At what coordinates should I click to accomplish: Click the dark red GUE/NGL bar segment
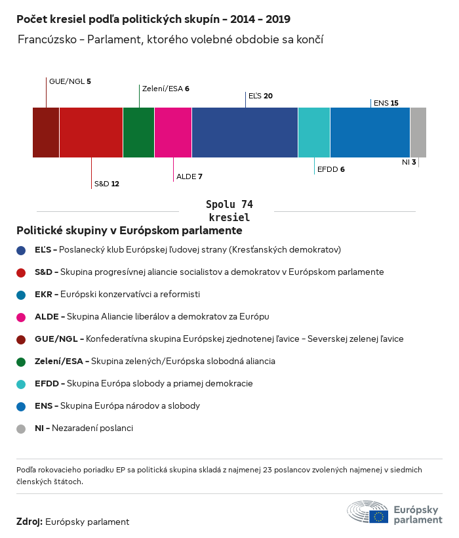[x=46, y=133]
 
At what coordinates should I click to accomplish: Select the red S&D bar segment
[x=91, y=133]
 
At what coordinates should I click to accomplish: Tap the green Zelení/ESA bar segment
[x=138, y=133]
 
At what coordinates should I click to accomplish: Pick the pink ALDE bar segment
[x=173, y=133]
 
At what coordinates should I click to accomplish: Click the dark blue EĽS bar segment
[x=245, y=133]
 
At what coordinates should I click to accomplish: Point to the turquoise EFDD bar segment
[x=314, y=133]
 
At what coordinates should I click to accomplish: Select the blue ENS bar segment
[x=370, y=133]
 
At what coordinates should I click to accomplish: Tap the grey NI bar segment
[x=418, y=133]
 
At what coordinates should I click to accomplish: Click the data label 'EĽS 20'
[x=260, y=96]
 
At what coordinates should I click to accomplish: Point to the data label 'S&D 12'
[x=106, y=184]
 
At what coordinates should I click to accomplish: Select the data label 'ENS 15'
[x=385, y=103]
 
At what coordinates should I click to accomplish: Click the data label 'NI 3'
[x=409, y=162]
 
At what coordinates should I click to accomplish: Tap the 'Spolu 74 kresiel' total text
[x=229, y=211]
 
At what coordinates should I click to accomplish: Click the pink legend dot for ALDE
[x=21, y=317]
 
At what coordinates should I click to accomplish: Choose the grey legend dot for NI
[x=21, y=428]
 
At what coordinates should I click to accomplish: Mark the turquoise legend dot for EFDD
[x=21, y=384]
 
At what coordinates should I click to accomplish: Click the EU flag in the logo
[x=378, y=516]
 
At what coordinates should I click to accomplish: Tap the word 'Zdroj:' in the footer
[x=30, y=522]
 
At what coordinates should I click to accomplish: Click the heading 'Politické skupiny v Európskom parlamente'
[x=129, y=231]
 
